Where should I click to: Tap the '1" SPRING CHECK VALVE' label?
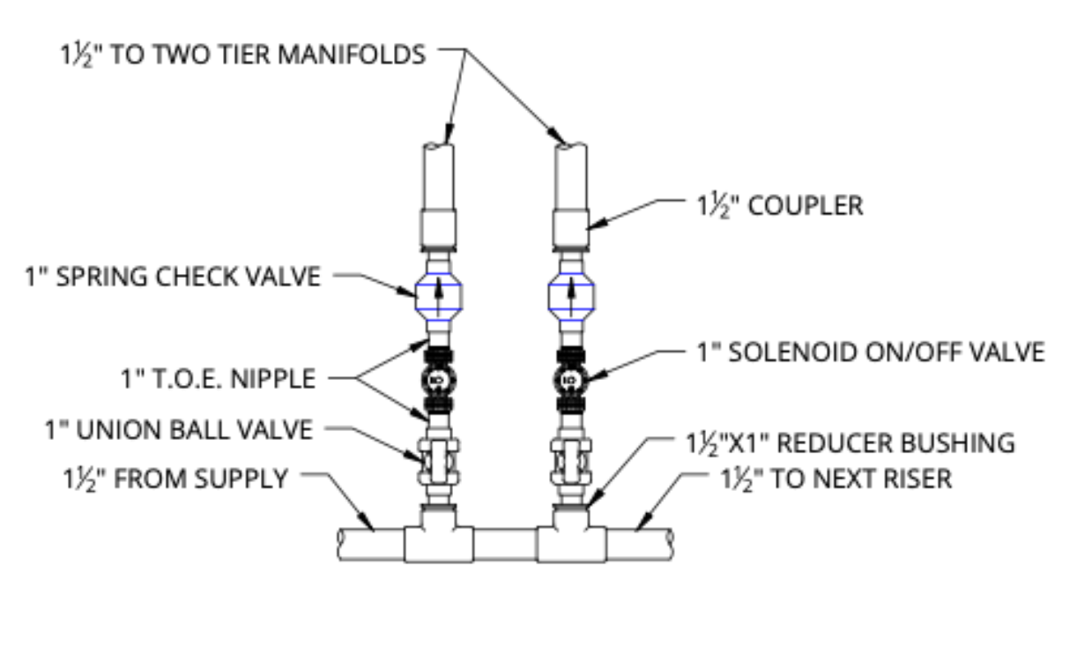172,276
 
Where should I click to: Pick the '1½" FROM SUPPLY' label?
175,480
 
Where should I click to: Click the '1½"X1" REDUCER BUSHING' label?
850,442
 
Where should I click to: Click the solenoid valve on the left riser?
438,381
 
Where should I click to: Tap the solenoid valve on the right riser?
572,381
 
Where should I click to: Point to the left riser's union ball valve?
438,458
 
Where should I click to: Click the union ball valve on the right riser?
572,458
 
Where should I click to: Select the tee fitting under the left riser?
439,538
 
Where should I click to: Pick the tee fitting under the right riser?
573,538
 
